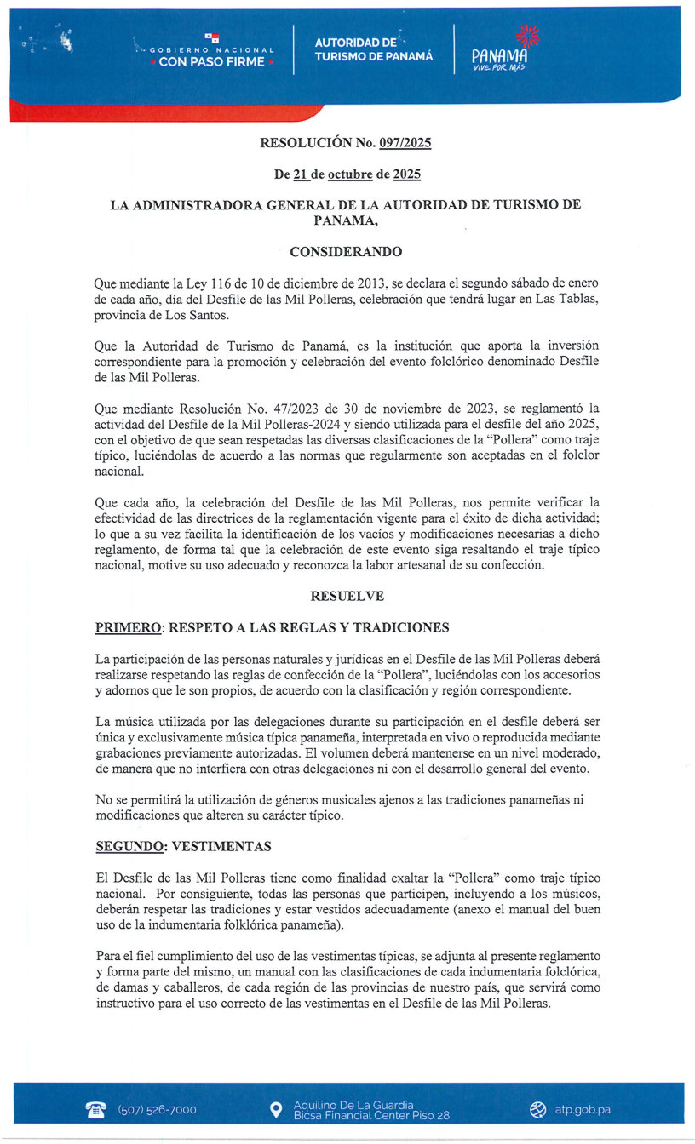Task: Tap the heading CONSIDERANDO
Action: tap(346, 252)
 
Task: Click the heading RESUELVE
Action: tap(347, 597)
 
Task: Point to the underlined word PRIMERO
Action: tap(128, 628)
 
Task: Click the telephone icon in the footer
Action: tap(95, 1109)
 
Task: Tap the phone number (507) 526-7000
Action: tap(157, 1110)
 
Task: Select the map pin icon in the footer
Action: tap(275, 1110)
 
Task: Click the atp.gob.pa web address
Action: tap(583, 1110)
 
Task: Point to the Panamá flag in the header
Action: tap(212, 37)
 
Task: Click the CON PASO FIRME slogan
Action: tap(211, 61)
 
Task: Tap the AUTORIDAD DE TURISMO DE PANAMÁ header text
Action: tap(373, 49)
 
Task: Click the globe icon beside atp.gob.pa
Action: tap(537, 1110)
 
